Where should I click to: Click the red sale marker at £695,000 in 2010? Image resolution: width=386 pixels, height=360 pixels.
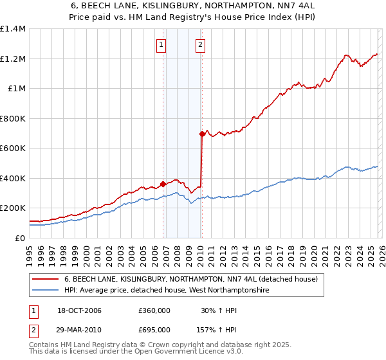click(x=202, y=134)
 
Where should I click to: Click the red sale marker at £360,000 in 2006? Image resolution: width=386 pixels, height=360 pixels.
click(x=163, y=184)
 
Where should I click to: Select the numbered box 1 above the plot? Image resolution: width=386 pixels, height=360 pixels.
click(x=160, y=45)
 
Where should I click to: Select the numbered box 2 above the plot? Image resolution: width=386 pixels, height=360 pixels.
click(x=201, y=45)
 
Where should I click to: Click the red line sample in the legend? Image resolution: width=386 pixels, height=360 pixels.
click(x=46, y=280)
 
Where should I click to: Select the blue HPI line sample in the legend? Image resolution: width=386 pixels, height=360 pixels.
click(x=46, y=291)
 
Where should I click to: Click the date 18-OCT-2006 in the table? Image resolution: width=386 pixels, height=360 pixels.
click(x=79, y=311)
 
